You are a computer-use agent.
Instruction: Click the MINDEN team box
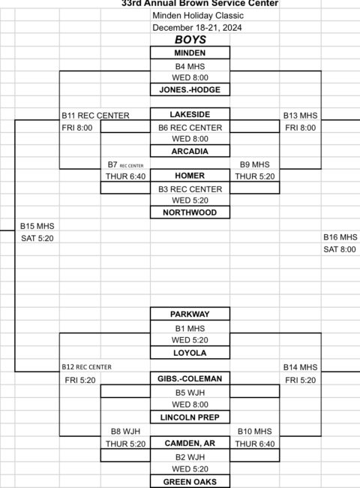tap(190, 53)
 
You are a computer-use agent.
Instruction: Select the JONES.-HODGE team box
tap(190, 89)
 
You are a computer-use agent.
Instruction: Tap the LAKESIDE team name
tap(190, 114)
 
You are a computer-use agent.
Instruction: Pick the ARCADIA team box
tap(190, 151)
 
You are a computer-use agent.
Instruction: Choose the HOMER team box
tap(190, 176)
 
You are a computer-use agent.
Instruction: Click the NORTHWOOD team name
tap(190, 212)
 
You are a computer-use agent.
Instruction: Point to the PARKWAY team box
tap(190, 314)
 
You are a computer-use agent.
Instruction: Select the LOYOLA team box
tap(190, 353)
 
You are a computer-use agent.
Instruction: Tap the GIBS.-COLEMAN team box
tap(190, 378)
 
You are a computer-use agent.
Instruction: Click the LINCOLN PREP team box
tap(190, 417)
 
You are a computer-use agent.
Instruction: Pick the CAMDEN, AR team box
tap(190, 443)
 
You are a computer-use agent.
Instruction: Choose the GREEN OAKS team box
tap(190, 481)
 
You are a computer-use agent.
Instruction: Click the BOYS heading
tap(190, 40)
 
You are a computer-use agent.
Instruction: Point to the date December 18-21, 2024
tap(197, 28)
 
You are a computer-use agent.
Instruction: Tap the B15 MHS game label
tap(37, 226)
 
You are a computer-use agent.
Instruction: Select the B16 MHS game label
tap(340, 237)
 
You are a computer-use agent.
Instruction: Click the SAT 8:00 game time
tap(340, 249)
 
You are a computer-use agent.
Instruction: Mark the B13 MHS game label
tap(300, 116)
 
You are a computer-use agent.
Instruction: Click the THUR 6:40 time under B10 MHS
tap(255, 444)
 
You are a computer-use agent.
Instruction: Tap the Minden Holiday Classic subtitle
tap(198, 16)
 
